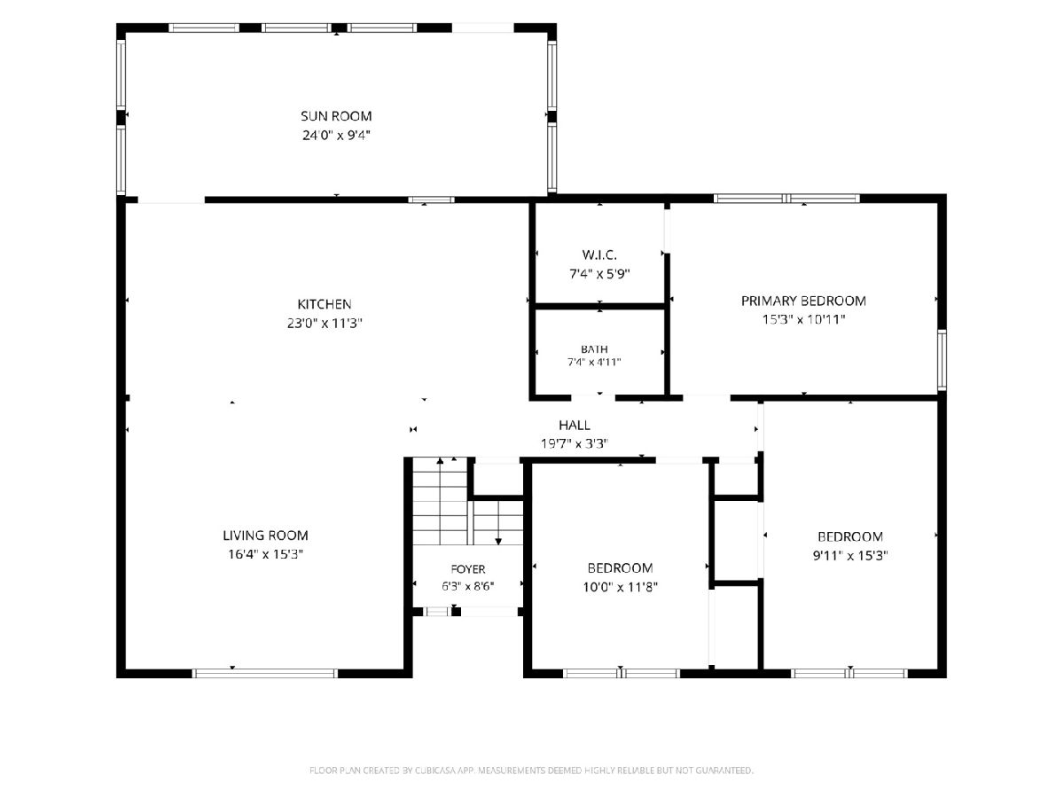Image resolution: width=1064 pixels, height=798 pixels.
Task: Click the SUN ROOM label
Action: point(336,116)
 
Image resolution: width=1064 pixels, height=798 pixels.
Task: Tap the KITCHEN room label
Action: point(325,304)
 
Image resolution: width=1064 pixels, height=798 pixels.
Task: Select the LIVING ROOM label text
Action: point(265,536)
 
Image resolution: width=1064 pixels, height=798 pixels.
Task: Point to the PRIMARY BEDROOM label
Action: point(803,301)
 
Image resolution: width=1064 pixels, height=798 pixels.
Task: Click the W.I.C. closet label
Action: point(599,254)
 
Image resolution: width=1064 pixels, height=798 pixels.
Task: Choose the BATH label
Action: point(594,348)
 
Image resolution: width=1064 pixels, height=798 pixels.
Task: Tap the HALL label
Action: point(575,426)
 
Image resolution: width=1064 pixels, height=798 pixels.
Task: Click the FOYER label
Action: point(468,569)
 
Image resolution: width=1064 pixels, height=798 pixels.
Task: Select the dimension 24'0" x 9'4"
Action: point(336,135)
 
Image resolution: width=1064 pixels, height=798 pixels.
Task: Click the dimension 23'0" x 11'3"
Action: point(325,323)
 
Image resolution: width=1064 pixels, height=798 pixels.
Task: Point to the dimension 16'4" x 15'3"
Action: point(266,554)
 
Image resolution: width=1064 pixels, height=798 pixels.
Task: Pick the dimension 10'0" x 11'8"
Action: point(620,587)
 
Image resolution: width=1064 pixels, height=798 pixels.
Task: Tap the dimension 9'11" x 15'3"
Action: point(850,556)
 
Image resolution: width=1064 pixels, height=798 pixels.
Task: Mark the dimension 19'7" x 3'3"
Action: point(575,444)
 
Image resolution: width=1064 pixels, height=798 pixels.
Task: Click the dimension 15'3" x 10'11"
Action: point(803,320)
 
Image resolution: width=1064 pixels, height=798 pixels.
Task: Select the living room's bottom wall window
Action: point(264,674)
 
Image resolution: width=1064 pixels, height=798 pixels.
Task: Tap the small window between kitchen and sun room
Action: point(431,199)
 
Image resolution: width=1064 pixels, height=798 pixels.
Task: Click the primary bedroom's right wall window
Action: point(942,360)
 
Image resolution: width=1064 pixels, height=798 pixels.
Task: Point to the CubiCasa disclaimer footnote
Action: point(531,771)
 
